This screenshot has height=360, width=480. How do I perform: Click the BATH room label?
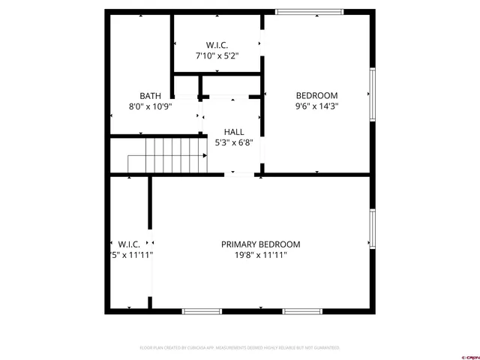point(150,95)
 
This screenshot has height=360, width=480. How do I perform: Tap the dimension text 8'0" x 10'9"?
point(150,106)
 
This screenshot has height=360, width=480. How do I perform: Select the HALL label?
point(233,132)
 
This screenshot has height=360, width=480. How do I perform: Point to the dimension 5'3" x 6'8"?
point(233,142)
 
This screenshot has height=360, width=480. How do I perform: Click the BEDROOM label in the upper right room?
point(316,95)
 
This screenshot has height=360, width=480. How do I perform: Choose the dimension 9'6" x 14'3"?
point(316,106)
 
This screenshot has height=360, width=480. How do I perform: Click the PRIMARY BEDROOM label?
point(260,244)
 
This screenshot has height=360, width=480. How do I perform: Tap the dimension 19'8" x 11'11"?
point(260,255)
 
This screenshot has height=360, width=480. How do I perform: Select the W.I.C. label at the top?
point(217,45)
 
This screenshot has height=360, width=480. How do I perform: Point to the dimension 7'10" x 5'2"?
point(217,55)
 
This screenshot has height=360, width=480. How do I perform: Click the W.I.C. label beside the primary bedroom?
point(130,244)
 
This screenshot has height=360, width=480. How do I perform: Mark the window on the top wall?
point(309,11)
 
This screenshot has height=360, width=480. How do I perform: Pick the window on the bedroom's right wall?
point(371,94)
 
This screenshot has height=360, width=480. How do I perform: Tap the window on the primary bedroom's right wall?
point(371,229)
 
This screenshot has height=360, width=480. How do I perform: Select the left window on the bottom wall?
point(202,310)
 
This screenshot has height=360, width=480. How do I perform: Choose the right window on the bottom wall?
point(307,310)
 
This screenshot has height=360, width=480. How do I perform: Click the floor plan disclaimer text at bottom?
point(240,348)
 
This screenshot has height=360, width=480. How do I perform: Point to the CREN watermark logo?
point(469,356)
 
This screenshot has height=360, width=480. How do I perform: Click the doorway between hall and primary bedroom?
point(241,174)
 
